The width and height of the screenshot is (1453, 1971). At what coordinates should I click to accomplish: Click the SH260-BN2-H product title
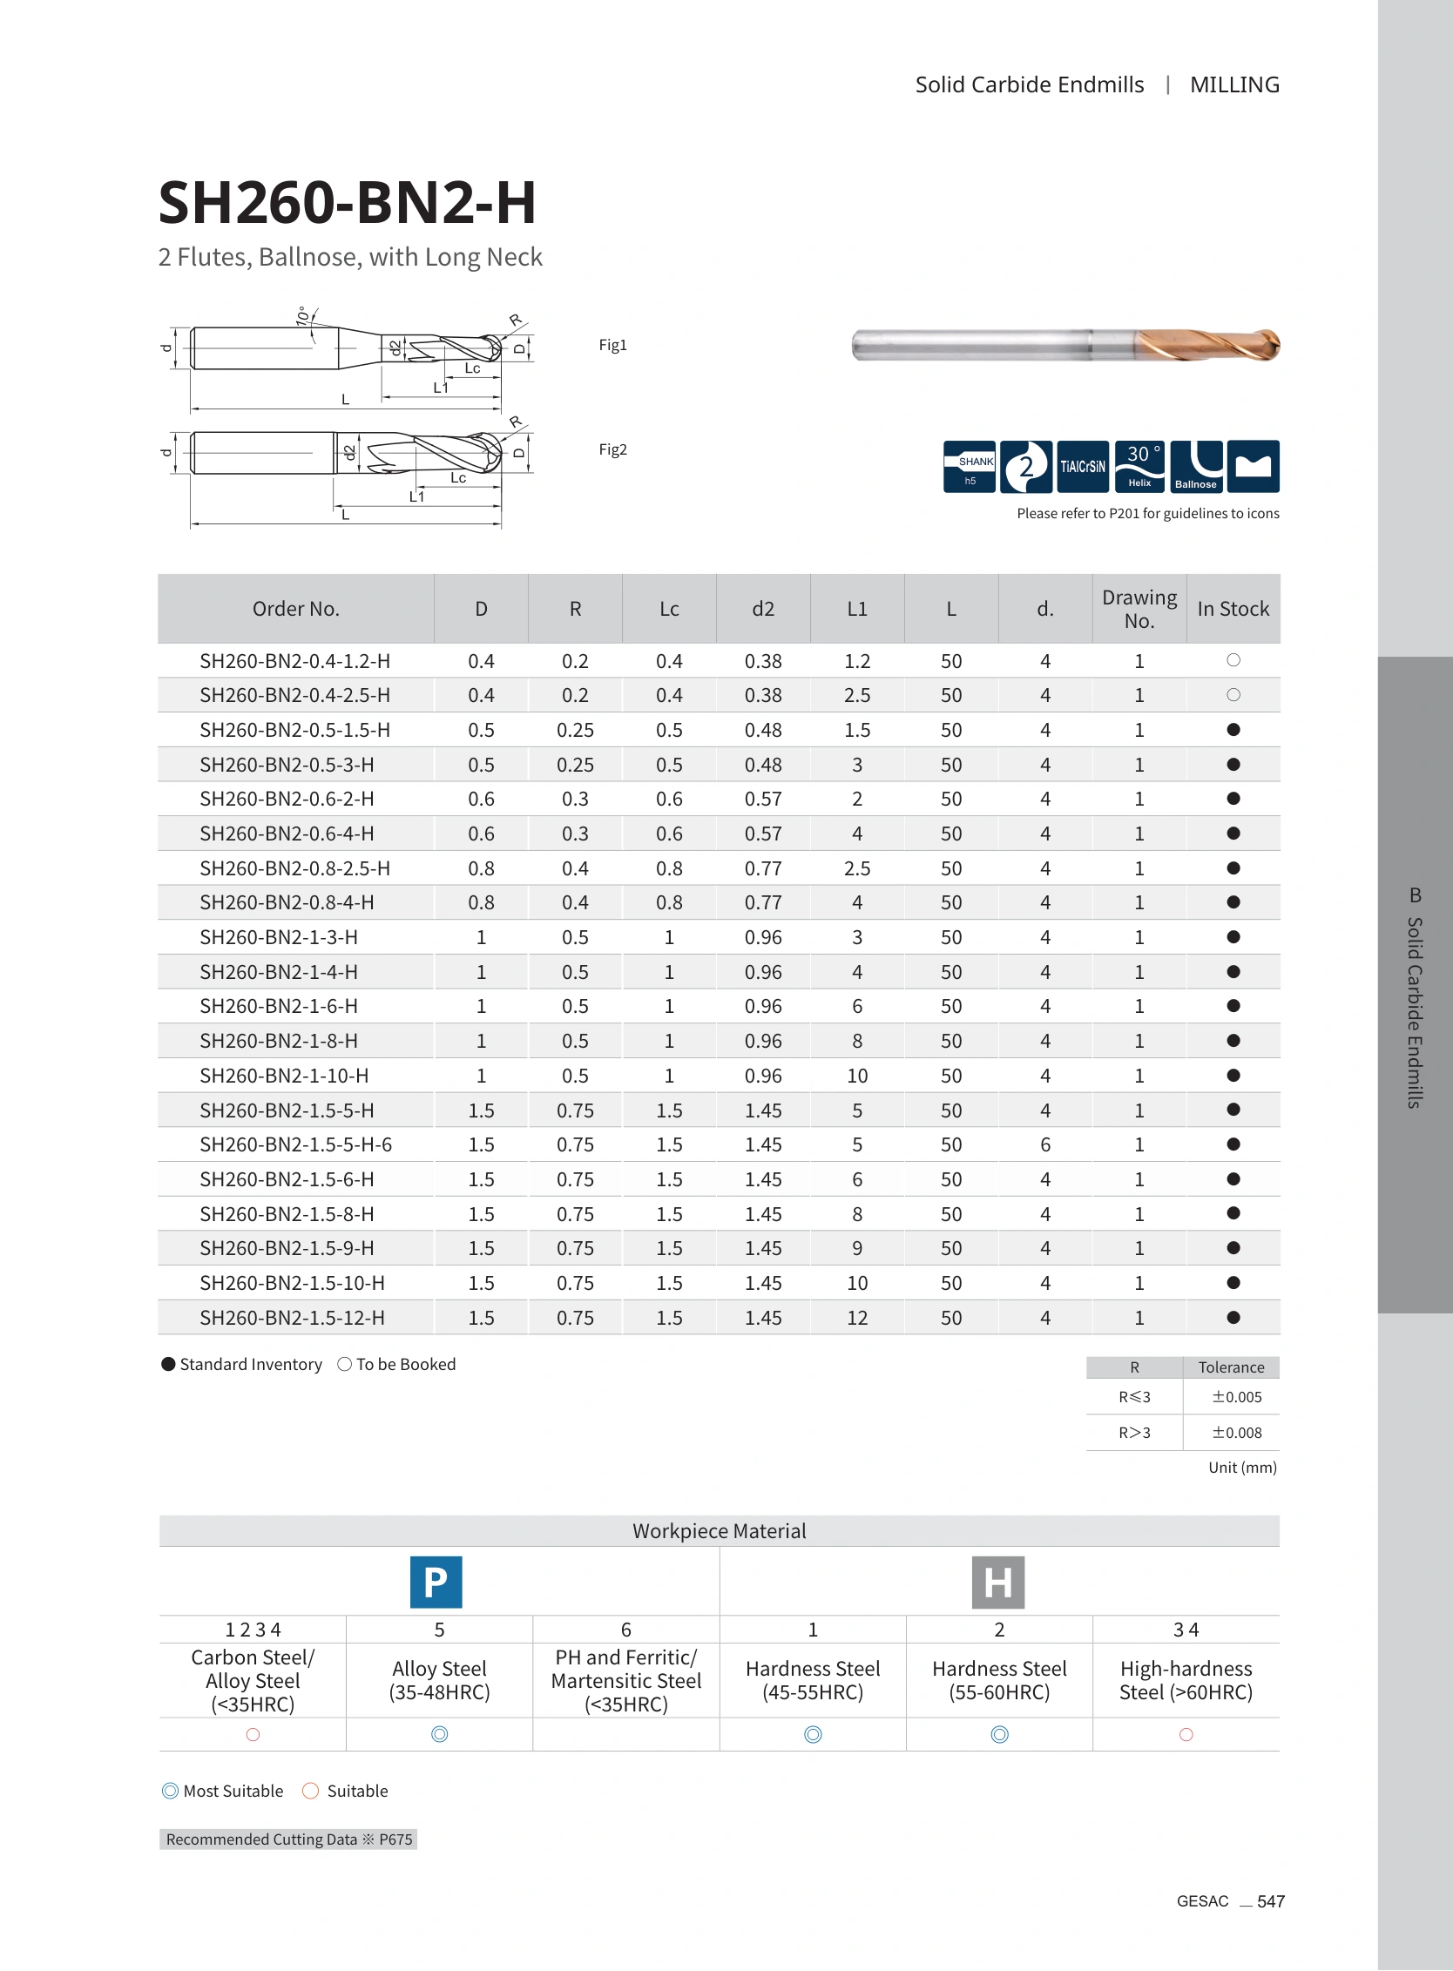347,202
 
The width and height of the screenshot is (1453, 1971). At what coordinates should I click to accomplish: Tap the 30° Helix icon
1139,466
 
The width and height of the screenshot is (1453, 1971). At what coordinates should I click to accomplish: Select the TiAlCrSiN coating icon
1083,466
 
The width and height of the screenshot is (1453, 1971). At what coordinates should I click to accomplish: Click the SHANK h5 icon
970,466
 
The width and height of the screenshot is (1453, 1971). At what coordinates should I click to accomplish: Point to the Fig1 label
612,345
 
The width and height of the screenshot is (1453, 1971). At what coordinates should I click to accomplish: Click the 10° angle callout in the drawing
303,317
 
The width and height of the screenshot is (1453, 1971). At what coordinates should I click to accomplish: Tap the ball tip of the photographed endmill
1272,344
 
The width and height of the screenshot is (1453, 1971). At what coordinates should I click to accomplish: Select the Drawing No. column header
1139,609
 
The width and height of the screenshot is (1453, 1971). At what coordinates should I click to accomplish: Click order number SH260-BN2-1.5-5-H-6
295,1144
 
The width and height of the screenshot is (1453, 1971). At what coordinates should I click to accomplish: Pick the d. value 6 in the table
1045,1144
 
